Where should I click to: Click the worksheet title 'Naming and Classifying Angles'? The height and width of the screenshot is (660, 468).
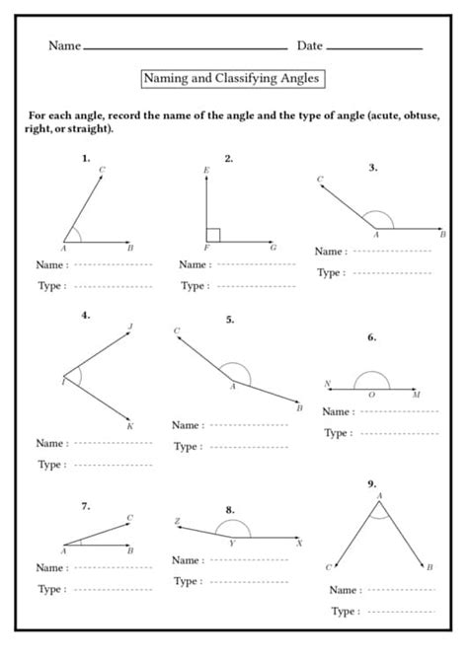coord(233,77)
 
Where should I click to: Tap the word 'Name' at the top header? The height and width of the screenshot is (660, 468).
coord(64,45)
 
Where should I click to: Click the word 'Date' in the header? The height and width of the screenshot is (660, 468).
coord(309,45)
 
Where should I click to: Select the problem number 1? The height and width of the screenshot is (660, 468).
coord(87,158)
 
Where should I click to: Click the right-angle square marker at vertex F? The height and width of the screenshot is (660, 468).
coord(212,235)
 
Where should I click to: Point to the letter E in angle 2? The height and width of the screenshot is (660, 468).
coord(205,171)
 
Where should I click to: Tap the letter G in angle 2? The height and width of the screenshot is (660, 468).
coord(273,248)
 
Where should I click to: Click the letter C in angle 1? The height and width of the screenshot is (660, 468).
coord(103,170)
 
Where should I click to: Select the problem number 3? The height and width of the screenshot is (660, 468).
coord(372,168)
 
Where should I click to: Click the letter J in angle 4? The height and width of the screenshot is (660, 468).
coord(130,326)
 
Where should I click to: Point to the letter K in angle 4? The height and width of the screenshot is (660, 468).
coord(130,425)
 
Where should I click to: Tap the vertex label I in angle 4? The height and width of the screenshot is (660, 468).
coord(63,382)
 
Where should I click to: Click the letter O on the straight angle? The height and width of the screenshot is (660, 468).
coord(371,395)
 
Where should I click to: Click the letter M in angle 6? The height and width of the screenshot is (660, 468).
coord(417,395)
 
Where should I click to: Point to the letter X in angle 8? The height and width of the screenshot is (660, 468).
coord(299,544)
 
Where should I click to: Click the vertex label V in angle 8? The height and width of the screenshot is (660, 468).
coord(231,544)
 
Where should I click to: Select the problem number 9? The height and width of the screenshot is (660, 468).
coord(372,483)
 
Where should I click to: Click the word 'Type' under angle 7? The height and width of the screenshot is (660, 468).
coord(49,588)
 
